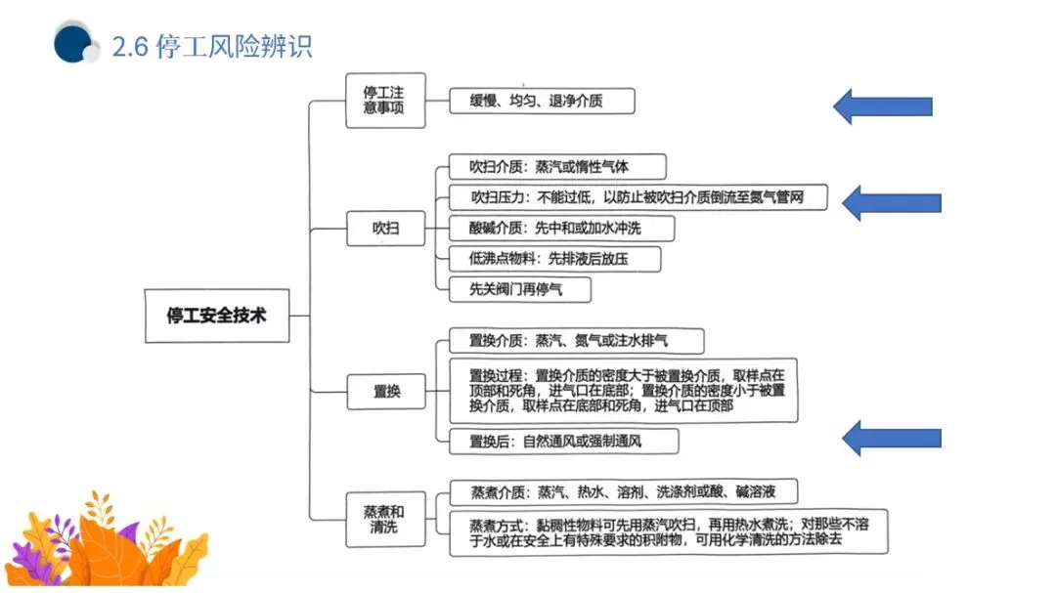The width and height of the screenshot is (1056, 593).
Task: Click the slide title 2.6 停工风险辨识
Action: pos(212,47)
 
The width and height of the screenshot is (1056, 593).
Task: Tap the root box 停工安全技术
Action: pos(217,316)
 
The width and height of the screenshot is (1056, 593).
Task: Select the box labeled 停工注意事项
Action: pos(385,100)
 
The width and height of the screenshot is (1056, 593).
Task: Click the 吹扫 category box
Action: pos(385,230)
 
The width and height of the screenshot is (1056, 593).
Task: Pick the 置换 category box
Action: pos(385,392)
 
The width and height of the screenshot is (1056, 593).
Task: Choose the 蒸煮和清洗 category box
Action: pos(385,519)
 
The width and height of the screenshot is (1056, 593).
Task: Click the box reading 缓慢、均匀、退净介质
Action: pos(542,101)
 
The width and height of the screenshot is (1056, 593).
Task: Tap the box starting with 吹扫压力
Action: pos(638,197)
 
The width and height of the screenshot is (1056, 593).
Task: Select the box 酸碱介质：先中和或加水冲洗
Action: pos(562,229)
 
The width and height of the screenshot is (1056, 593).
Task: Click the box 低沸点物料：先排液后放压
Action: pos(554,259)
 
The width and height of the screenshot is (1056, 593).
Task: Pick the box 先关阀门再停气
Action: pos(519,289)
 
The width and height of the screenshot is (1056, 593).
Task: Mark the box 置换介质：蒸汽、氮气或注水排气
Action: pos(577,341)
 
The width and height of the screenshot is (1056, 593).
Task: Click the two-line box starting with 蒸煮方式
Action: pos(669,531)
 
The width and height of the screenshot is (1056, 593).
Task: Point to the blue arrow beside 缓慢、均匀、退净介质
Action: pos(882,106)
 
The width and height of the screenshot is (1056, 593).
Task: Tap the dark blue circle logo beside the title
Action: pos(73,43)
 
